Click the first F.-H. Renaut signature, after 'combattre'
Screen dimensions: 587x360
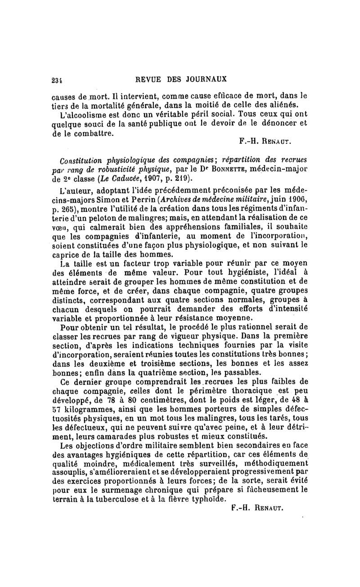tap(268, 141)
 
